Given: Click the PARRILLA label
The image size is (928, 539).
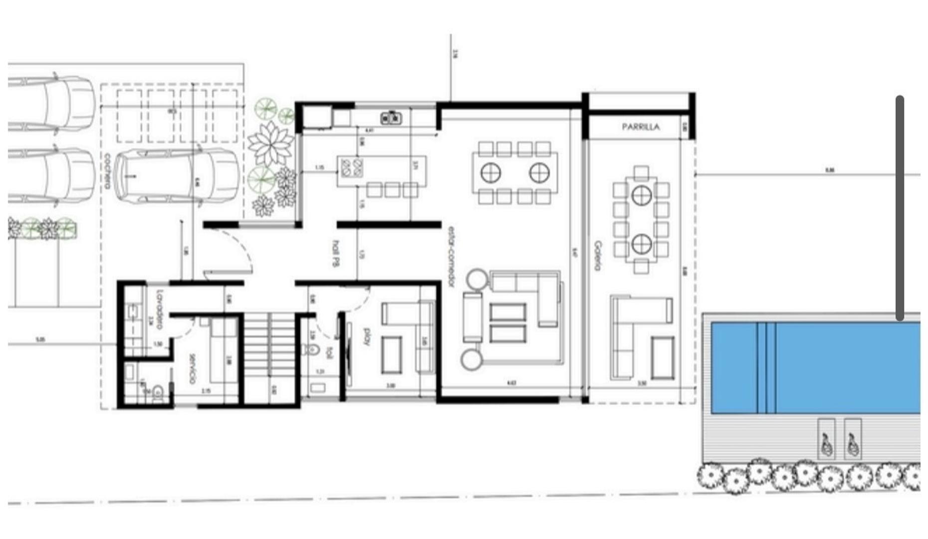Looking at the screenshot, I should click(x=641, y=127).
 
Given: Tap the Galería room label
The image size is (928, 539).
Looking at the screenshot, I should click(x=598, y=256).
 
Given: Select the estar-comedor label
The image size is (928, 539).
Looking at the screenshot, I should click(x=451, y=257).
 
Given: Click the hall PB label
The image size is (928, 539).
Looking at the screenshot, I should click(x=336, y=254).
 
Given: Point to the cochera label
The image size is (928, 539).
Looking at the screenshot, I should click(x=107, y=171).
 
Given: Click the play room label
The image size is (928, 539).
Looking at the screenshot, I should click(x=367, y=336).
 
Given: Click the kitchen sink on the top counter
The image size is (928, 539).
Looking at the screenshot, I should click(x=392, y=118).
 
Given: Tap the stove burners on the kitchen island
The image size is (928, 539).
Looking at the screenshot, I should click(x=351, y=168).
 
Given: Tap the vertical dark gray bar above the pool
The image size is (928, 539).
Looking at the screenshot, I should click(x=900, y=207).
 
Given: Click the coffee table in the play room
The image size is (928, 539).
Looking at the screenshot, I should click(x=392, y=355).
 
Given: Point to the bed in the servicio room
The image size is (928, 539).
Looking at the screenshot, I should click(x=223, y=352).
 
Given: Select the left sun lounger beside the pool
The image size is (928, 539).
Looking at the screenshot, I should click(x=826, y=439).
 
